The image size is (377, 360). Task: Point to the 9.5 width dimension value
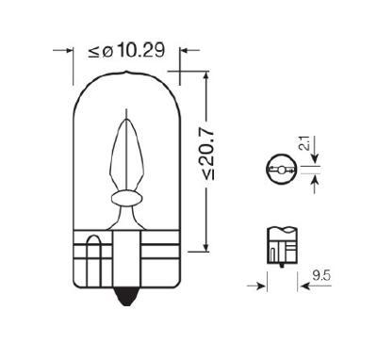[x=323, y=276]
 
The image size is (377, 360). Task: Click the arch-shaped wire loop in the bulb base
[x=93, y=247]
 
